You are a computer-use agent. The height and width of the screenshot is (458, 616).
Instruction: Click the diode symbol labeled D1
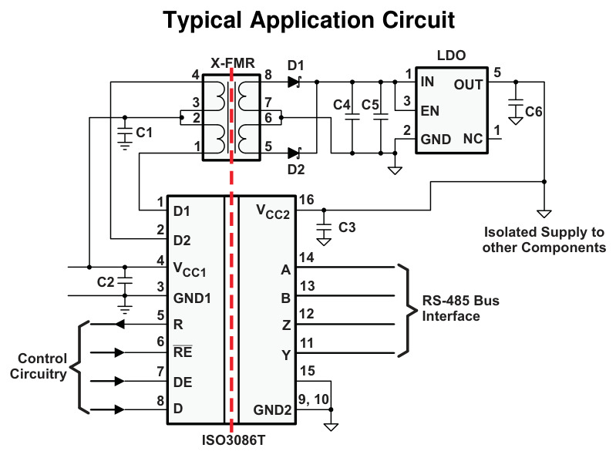[x=295, y=82]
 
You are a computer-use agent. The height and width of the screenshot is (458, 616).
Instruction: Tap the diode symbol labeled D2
[x=295, y=153]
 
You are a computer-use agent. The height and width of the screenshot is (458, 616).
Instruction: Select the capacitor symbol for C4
[x=352, y=116]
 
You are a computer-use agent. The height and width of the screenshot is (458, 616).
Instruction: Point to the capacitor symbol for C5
[x=380, y=116]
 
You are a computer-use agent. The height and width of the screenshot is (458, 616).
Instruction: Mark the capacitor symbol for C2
[x=125, y=281]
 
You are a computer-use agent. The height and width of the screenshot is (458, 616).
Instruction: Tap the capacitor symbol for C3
[x=324, y=227]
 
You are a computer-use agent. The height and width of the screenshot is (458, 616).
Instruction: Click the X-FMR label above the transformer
[x=233, y=63]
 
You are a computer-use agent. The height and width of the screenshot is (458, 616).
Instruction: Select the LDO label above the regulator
[x=451, y=56]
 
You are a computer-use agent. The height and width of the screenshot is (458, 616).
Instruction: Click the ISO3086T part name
[x=234, y=440]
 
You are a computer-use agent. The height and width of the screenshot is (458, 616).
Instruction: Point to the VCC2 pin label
[x=273, y=211]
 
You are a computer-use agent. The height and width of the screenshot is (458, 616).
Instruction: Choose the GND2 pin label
[x=272, y=410]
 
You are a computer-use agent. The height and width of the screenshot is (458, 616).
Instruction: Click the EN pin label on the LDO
[x=429, y=111]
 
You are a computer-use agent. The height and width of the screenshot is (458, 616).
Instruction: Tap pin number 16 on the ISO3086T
[x=306, y=200]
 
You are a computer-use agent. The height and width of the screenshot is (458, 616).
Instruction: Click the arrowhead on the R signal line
[x=119, y=324]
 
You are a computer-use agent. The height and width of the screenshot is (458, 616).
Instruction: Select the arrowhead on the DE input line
[x=119, y=381]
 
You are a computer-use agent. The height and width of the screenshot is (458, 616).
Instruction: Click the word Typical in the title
[x=202, y=20]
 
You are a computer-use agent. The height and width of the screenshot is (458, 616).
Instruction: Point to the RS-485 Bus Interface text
[x=460, y=308]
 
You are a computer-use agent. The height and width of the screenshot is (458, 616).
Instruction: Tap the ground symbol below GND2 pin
[x=331, y=426]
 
